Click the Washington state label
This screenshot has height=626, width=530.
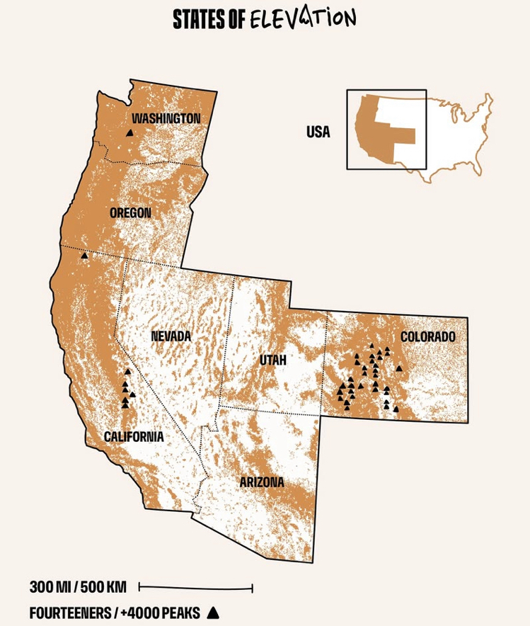pyautogui.click(x=166, y=118)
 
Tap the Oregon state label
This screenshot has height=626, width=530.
pyautogui.click(x=130, y=212)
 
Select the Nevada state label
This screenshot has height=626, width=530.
pyautogui.click(x=171, y=336)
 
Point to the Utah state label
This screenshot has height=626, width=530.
pyautogui.click(x=272, y=360)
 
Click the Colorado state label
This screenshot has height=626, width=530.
pyautogui.click(x=428, y=336)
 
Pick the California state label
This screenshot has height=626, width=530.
pyautogui.click(x=134, y=436)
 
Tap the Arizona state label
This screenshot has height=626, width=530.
pyautogui.click(x=262, y=482)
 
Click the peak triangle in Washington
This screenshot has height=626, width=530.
pyautogui.click(x=129, y=132)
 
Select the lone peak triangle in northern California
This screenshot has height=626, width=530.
pyautogui.click(x=84, y=256)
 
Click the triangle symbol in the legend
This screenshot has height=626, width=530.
pyautogui.click(x=211, y=611)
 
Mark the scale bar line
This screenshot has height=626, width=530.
pyautogui.click(x=196, y=587)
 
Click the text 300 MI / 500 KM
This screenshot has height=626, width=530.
pyautogui.click(x=78, y=587)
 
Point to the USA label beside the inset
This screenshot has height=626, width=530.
pyautogui.click(x=318, y=132)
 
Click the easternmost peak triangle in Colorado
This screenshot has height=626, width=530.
pyautogui.click(x=399, y=368)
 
